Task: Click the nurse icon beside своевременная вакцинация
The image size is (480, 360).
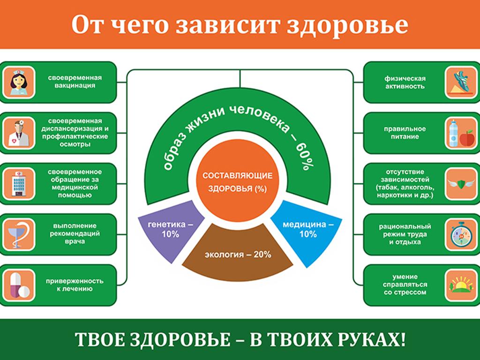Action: coord(19,82)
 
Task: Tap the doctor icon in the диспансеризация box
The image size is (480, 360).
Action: coord(19,133)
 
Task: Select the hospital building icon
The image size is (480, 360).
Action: coord(19,184)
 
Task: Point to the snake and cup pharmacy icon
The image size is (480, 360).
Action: coord(19,235)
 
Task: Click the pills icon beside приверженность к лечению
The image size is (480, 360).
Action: coord(19,285)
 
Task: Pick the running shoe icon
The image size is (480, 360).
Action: coord(461,82)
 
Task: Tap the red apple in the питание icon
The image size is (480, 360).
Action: coord(467,139)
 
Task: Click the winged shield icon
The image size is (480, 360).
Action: coord(461,184)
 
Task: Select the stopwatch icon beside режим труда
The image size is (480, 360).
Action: coord(461,235)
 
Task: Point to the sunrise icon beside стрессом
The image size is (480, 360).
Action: coord(461,285)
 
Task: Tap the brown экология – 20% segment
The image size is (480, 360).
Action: coord(238,254)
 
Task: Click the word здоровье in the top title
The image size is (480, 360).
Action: coord(347,25)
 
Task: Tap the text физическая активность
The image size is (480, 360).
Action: coord(405,82)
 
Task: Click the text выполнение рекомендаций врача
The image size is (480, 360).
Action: coord(75,233)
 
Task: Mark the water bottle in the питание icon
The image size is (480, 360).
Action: coord(453,133)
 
